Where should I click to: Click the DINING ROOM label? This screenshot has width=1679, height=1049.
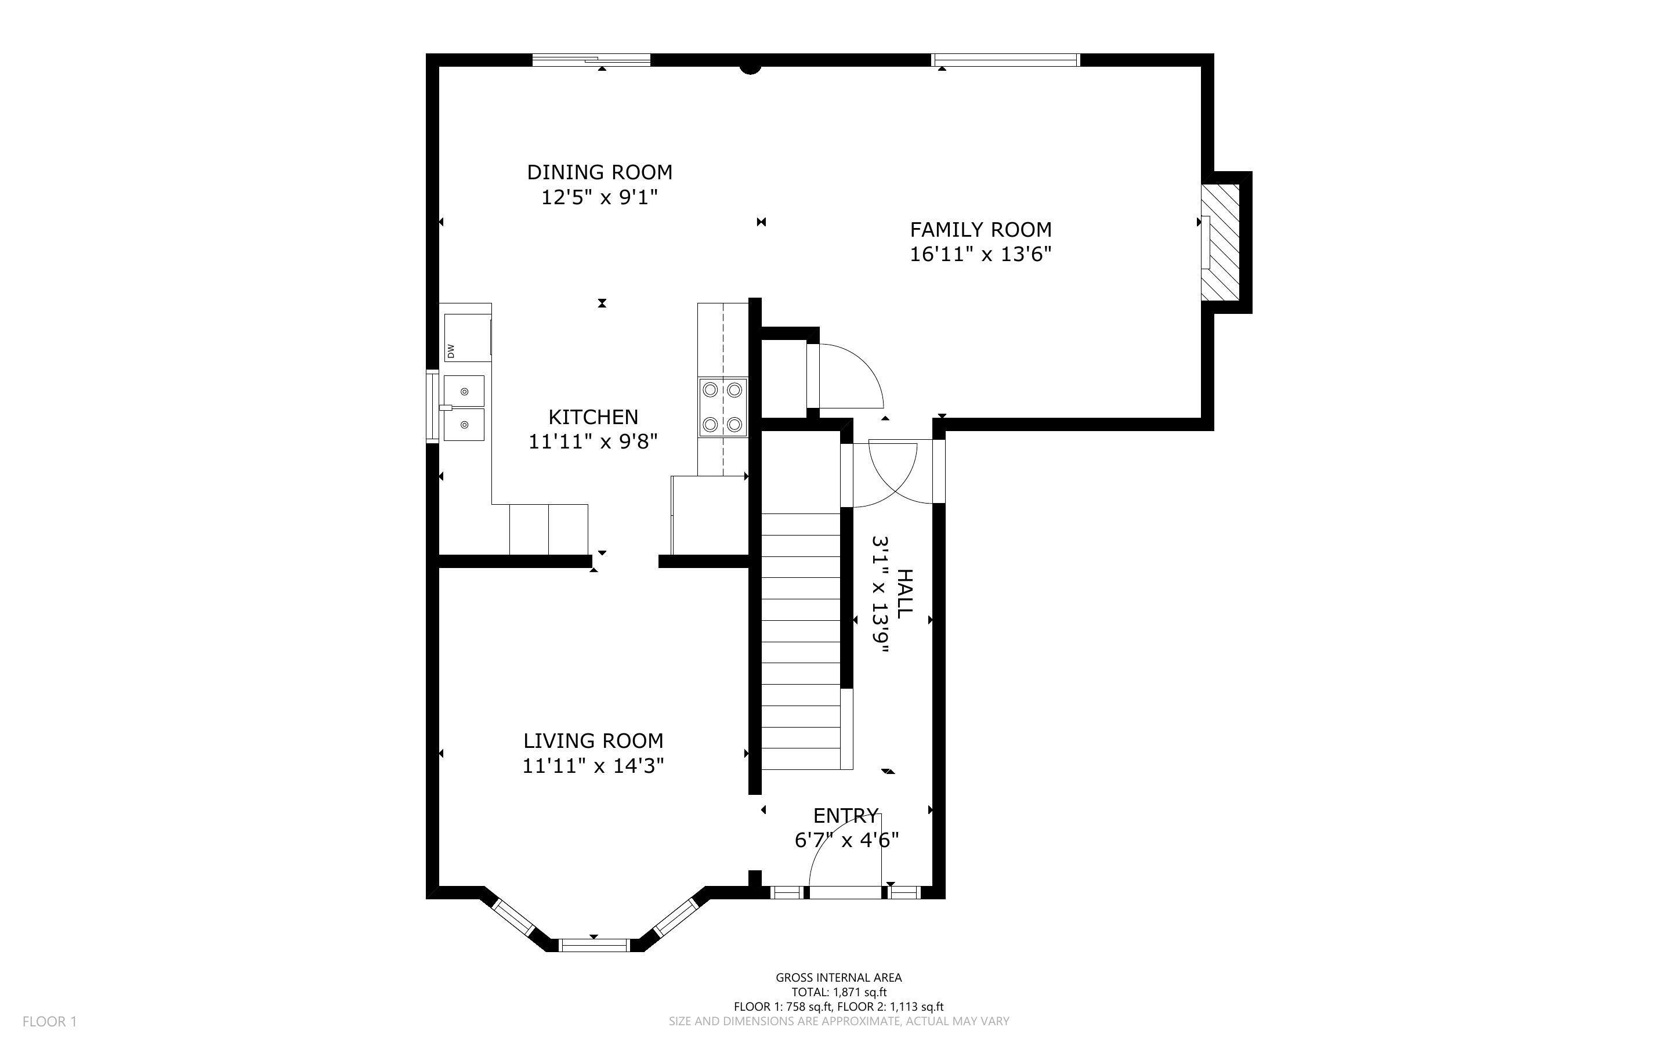click(x=599, y=172)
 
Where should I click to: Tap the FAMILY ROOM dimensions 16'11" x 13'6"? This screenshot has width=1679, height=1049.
click(x=980, y=255)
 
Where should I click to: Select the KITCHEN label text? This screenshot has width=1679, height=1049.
click(x=593, y=417)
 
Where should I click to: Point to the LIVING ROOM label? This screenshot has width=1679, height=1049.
click(x=593, y=741)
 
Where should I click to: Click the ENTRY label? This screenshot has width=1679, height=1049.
click(x=845, y=815)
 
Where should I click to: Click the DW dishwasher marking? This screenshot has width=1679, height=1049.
click(x=451, y=351)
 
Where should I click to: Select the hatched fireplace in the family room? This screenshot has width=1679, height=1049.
click(x=1221, y=242)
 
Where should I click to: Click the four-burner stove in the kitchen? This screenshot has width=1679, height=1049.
click(x=723, y=407)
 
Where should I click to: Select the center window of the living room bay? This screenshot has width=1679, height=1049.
click(x=594, y=944)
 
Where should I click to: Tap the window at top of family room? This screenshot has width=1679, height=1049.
click(x=1005, y=60)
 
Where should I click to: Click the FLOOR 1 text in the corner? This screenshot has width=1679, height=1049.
click(x=49, y=1021)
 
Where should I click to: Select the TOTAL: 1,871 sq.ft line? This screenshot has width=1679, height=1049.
click(x=838, y=992)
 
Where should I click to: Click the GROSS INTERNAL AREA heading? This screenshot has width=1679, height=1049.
click(x=838, y=978)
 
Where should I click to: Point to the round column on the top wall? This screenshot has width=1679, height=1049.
click(x=750, y=67)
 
